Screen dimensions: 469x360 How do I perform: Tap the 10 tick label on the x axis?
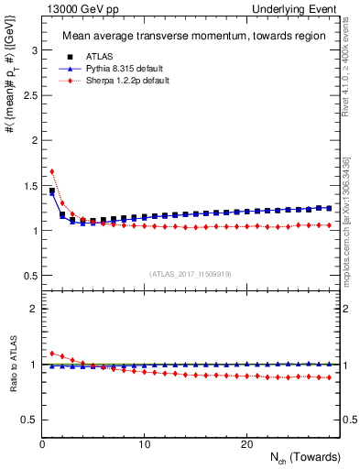click(x=144, y=445)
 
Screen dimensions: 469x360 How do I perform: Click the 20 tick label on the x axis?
click(x=246, y=445)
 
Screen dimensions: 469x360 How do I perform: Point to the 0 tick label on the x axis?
click(x=42, y=445)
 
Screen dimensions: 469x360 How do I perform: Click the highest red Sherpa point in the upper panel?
click(x=52, y=171)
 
